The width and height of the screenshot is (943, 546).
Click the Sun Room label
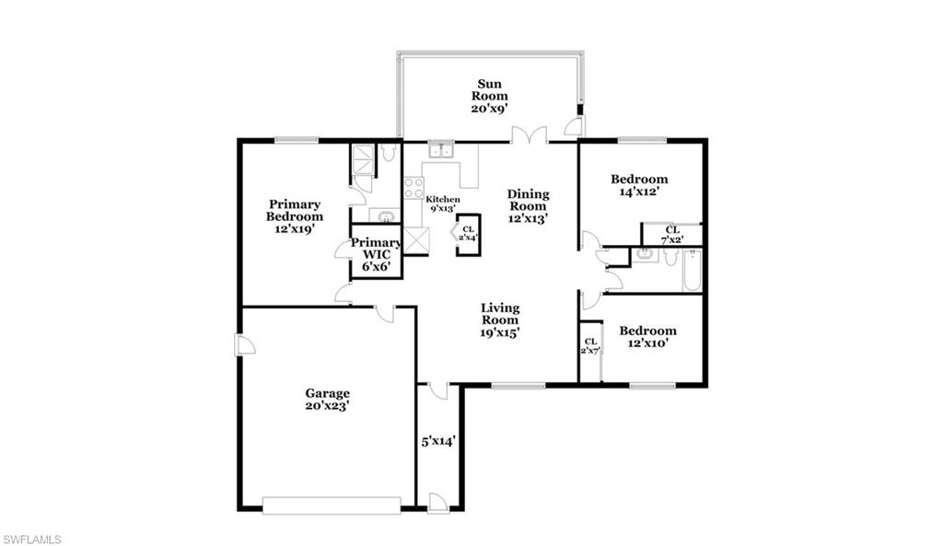tap(489, 96)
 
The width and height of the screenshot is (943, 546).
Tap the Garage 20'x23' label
tap(327, 399)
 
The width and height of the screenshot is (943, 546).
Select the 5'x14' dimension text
tap(438, 441)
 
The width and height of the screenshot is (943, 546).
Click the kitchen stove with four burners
tap(413, 188)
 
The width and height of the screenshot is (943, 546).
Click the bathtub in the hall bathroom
tap(692, 270)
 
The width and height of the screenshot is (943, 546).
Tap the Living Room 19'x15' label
tap(500, 320)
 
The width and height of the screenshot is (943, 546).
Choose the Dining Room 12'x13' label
tap(529, 206)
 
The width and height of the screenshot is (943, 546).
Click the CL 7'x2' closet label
tap(671, 234)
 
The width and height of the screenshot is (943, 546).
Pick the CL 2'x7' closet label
tap(589, 346)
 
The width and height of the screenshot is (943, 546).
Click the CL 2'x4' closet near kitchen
tap(469, 233)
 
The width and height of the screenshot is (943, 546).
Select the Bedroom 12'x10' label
tap(646, 336)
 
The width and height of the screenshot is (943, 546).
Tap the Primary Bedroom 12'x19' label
tap(294, 216)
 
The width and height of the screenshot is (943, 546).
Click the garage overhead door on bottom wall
tap(331, 505)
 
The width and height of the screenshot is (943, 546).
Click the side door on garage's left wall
tap(243, 344)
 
